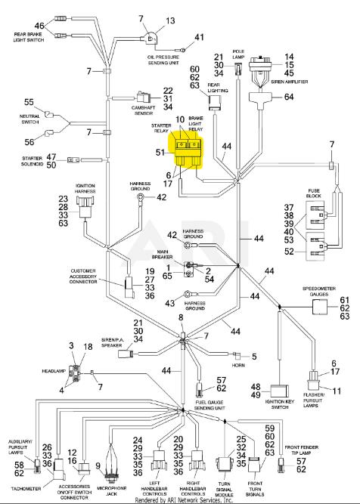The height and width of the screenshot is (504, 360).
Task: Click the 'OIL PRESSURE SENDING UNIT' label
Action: point(163,60)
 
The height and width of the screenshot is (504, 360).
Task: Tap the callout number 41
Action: point(199,37)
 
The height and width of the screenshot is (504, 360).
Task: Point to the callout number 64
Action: point(289,97)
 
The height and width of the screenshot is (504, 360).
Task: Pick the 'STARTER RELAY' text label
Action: point(161,128)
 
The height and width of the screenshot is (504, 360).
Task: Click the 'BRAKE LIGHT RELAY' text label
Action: point(196,124)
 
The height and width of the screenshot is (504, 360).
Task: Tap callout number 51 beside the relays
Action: point(160,153)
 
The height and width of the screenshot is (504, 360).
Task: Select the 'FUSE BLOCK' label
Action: point(314,193)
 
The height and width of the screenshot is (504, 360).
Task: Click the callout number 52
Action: point(289,252)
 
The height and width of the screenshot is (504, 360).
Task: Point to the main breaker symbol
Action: point(189,269)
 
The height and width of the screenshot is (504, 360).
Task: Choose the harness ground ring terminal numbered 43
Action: point(187,293)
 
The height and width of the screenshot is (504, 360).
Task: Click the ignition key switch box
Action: point(280,391)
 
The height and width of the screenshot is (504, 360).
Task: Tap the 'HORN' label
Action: point(238,366)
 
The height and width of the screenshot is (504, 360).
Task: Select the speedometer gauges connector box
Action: point(319,308)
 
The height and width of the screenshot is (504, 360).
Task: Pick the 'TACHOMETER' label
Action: point(26,489)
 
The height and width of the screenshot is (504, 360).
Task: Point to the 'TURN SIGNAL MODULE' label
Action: point(225,489)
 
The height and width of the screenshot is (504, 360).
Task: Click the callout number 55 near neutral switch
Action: point(29,102)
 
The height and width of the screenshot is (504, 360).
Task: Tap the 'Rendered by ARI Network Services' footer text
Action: point(184,500)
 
